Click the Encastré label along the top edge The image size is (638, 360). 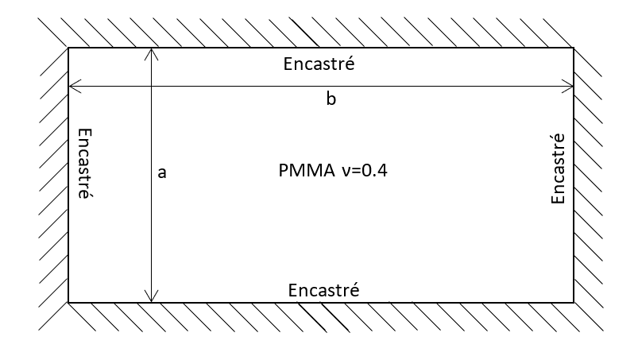pyautogui.click(x=319, y=64)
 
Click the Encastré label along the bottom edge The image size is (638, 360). pyautogui.click(x=324, y=290)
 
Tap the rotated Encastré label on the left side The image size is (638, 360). pyautogui.click(x=81, y=163)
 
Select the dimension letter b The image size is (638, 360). pyautogui.click(x=332, y=100)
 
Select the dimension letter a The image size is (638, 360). pyautogui.click(x=162, y=172)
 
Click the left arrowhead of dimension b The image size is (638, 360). pyautogui.click(x=72, y=85)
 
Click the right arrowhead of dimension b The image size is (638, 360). pyautogui.click(x=570, y=85)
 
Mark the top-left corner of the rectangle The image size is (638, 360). pyautogui.click(x=68, y=48)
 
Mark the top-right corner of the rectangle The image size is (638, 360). pyautogui.click(x=574, y=48)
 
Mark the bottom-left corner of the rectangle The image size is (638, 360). pyautogui.click(x=68, y=303)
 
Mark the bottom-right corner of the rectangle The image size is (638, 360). pyautogui.click(x=574, y=303)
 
